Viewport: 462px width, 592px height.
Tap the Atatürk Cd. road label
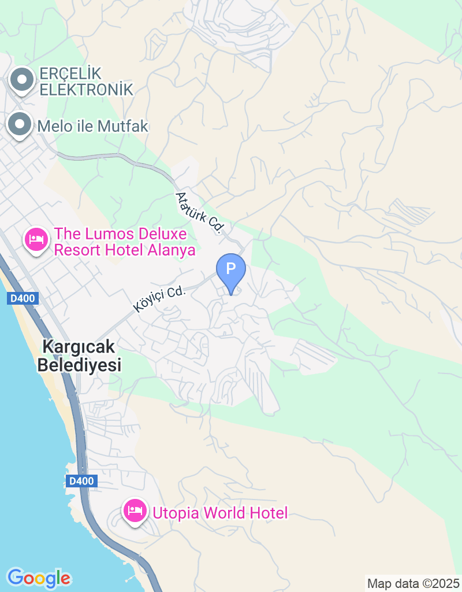point(199,212)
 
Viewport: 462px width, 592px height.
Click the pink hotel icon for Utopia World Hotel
point(135,511)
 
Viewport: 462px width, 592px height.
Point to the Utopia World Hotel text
point(219,513)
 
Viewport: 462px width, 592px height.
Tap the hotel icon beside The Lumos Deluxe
point(36,239)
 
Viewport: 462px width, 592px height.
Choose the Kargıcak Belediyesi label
point(79,356)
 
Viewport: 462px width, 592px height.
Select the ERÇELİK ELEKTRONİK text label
point(86,82)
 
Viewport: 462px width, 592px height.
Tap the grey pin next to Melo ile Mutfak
point(20,124)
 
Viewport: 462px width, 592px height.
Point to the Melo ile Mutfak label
point(93,126)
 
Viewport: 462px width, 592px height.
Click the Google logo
point(39,578)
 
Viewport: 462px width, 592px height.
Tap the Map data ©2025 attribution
point(413,583)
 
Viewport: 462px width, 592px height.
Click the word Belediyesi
point(79,365)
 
